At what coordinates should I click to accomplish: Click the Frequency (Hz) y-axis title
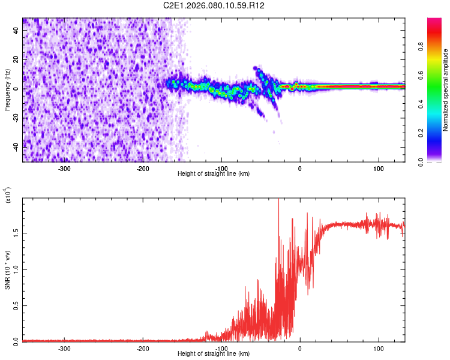(7, 89)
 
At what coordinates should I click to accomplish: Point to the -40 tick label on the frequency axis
(16, 146)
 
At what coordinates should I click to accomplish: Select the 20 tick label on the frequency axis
(17, 59)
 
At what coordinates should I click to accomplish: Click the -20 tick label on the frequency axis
(16, 117)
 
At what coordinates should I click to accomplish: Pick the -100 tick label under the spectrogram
(221, 168)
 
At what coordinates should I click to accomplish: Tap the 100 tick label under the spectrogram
(379, 168)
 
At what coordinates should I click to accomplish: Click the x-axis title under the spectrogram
(214, 174)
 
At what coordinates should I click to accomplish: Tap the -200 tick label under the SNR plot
(143, 348)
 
